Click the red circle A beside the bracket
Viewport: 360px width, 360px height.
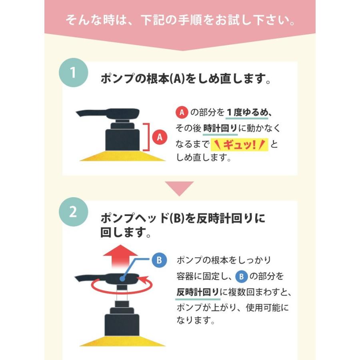pyautogui.click(x=160, y=137)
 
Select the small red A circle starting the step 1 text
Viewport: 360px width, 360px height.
pyautogui.click(x=182, y=112)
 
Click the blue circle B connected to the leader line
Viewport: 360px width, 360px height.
pyautogui.click(x=159, y=260)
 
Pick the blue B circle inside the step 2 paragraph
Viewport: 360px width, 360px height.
pyautogui.click(x=241, y=276)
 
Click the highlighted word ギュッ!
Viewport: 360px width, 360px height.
pyautogui.click(x=239, y=144)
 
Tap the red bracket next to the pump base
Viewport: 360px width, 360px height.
pyautogui.click(x=148, y=137)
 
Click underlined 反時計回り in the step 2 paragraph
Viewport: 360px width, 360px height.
pyautogui.click(x=198, y=292)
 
